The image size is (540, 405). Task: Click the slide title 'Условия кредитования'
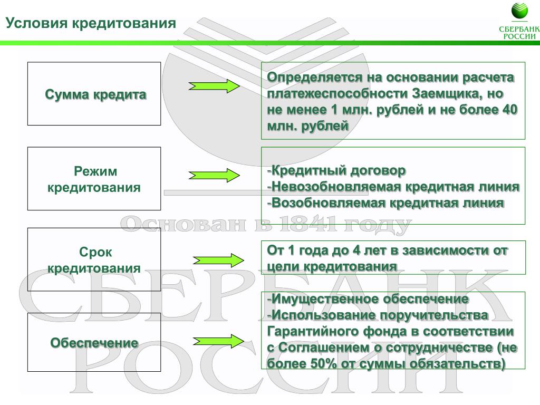[91, 23]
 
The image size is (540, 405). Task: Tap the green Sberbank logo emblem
[519, 11]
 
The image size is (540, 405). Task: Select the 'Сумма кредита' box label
[95, 94]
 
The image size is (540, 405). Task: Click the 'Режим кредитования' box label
[94, 179]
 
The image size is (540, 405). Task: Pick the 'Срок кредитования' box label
[94, 260]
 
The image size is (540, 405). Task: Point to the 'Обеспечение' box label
[94, 343]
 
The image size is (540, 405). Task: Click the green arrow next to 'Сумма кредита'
[214, 86]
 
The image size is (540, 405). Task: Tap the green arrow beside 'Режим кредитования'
[214, 175]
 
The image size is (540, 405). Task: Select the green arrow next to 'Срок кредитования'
[218, 261]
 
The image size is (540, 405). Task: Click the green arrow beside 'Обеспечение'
[218, 341]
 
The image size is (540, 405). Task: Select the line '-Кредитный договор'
[336, 170]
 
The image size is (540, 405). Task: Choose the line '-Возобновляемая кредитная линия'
[385, 203]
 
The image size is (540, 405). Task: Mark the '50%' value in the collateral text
[323, 364]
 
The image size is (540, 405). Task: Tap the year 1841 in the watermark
[308, 224]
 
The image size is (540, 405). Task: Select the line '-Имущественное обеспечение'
[368, 299]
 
